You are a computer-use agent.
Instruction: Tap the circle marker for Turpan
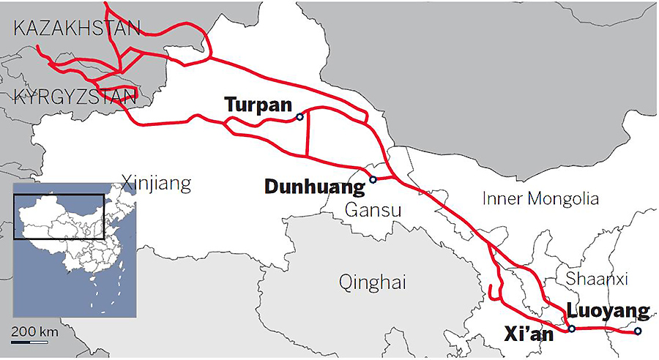tap(299, 117)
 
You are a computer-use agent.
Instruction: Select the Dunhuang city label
tap(314, 187)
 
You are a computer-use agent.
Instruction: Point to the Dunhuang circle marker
tap(372, 179)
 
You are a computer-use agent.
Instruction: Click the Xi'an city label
tap(529, 334)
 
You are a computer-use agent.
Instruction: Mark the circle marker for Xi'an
tap(571, 329)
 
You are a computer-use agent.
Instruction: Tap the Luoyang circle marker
tap(638, 331)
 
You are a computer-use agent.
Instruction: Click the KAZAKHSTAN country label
tap(76, 29)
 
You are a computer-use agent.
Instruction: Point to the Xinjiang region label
tap(156, 183)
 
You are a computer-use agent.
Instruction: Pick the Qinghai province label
tap(372, 282)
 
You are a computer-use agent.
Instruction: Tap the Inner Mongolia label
tap(540, 198)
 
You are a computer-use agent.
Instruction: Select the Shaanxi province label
tap(597, 279)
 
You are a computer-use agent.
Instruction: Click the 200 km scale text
tap(34, 331)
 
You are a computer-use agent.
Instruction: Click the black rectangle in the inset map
tap(61, 218)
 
